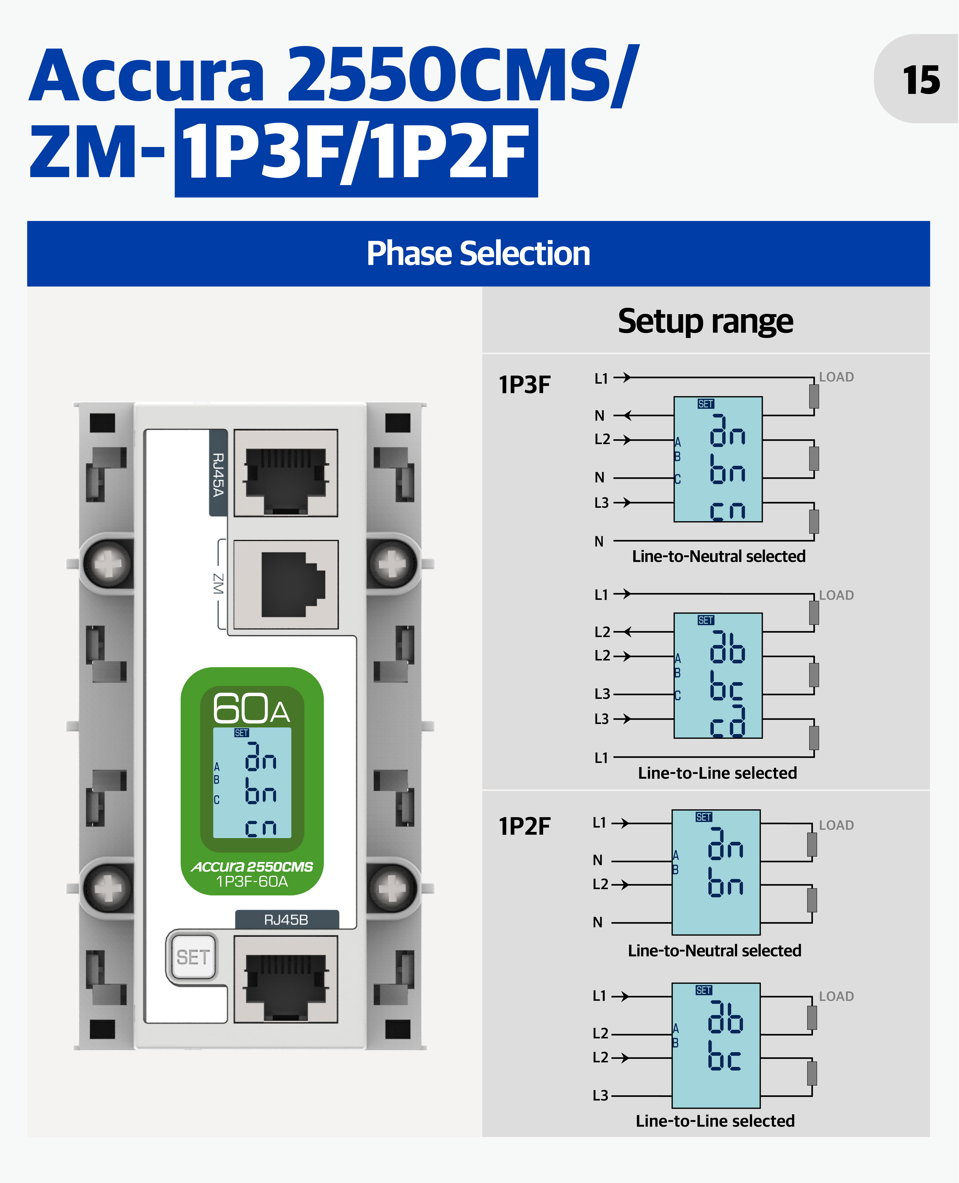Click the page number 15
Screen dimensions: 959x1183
click(x=921, y=80)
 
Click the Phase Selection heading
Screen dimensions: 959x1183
click(x=478, y=254)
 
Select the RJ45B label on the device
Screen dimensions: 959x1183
click(x=286, y=919)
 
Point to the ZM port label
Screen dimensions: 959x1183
click(x=219, y=584)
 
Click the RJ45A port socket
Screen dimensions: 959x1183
click(x=286, y=473)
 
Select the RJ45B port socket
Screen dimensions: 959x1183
click(x=286, y=979)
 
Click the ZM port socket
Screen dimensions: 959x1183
click(x=286, y=584)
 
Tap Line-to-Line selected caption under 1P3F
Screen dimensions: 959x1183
click(x=718, y=773)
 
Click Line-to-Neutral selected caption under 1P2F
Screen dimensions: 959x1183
click(x=714, y=950)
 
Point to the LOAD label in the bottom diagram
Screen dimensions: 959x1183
click(x=836, y=996)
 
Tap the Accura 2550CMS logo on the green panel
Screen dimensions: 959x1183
click(x=252, y=866)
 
